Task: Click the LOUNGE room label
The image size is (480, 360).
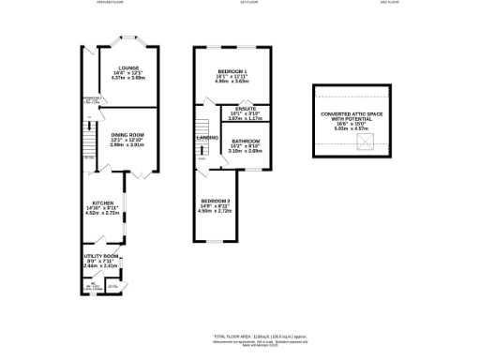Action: [128, 67]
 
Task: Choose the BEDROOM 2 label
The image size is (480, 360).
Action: [215, 201]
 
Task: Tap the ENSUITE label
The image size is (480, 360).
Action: [245, 109]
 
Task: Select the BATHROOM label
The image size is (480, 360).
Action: [245, 142]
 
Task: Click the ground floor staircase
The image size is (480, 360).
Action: [90, 143]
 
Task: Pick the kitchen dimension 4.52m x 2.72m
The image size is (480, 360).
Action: [102, 213]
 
